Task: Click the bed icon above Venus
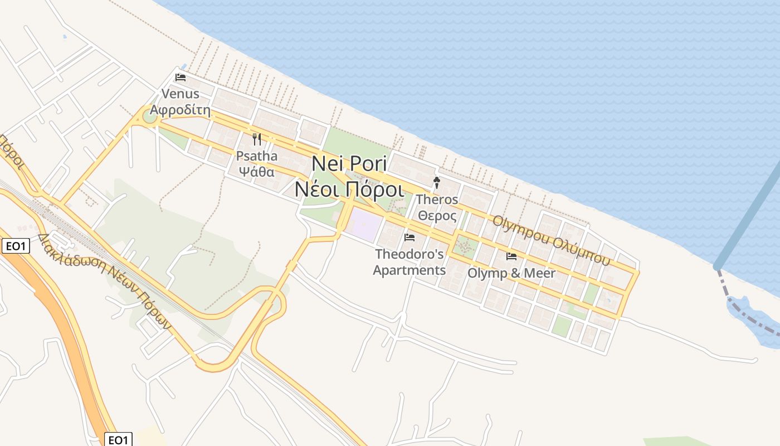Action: (181, 77)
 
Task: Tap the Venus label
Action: (181, 93)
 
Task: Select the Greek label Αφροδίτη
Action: (181, 110)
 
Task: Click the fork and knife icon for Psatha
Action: (257, 139)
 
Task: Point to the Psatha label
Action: (257, 156)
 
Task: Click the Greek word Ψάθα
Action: (257, 172)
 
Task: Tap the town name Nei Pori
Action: (349, 163)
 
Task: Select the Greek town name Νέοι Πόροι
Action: (349, 190)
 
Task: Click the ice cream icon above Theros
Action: (437, 182)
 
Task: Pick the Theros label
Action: (437, 199)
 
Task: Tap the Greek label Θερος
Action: (437, 216)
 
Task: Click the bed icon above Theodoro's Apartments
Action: (409, 237)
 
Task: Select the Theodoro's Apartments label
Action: (409, 262)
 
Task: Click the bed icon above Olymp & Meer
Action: (511, 256)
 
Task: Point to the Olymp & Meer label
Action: (511, 273)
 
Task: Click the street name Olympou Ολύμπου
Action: (551, 240)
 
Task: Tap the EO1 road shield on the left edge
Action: (15, 246)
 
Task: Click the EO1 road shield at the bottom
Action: (118, 440)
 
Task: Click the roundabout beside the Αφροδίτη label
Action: (149, 116)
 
